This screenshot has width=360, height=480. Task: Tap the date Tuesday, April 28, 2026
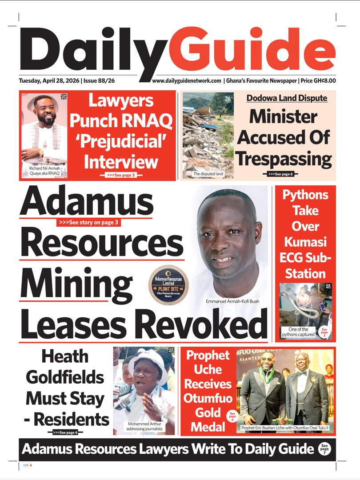click(x=49, y=81)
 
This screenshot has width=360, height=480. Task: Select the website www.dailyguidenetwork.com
click(x=187, y=81)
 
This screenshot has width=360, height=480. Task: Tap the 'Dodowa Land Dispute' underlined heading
click(x=287, y=98)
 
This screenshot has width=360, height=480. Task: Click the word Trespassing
click(x=284, y=158)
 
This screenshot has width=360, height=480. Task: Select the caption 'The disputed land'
click(x=208, y=174)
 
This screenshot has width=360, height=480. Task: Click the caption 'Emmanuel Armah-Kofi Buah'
click(x=232, y=301)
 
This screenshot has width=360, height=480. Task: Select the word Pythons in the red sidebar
click(x=305, y=195)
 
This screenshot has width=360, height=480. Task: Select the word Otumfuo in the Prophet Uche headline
click(x=208, y=398)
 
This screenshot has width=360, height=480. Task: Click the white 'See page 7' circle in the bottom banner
click(x=324, y=449)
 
